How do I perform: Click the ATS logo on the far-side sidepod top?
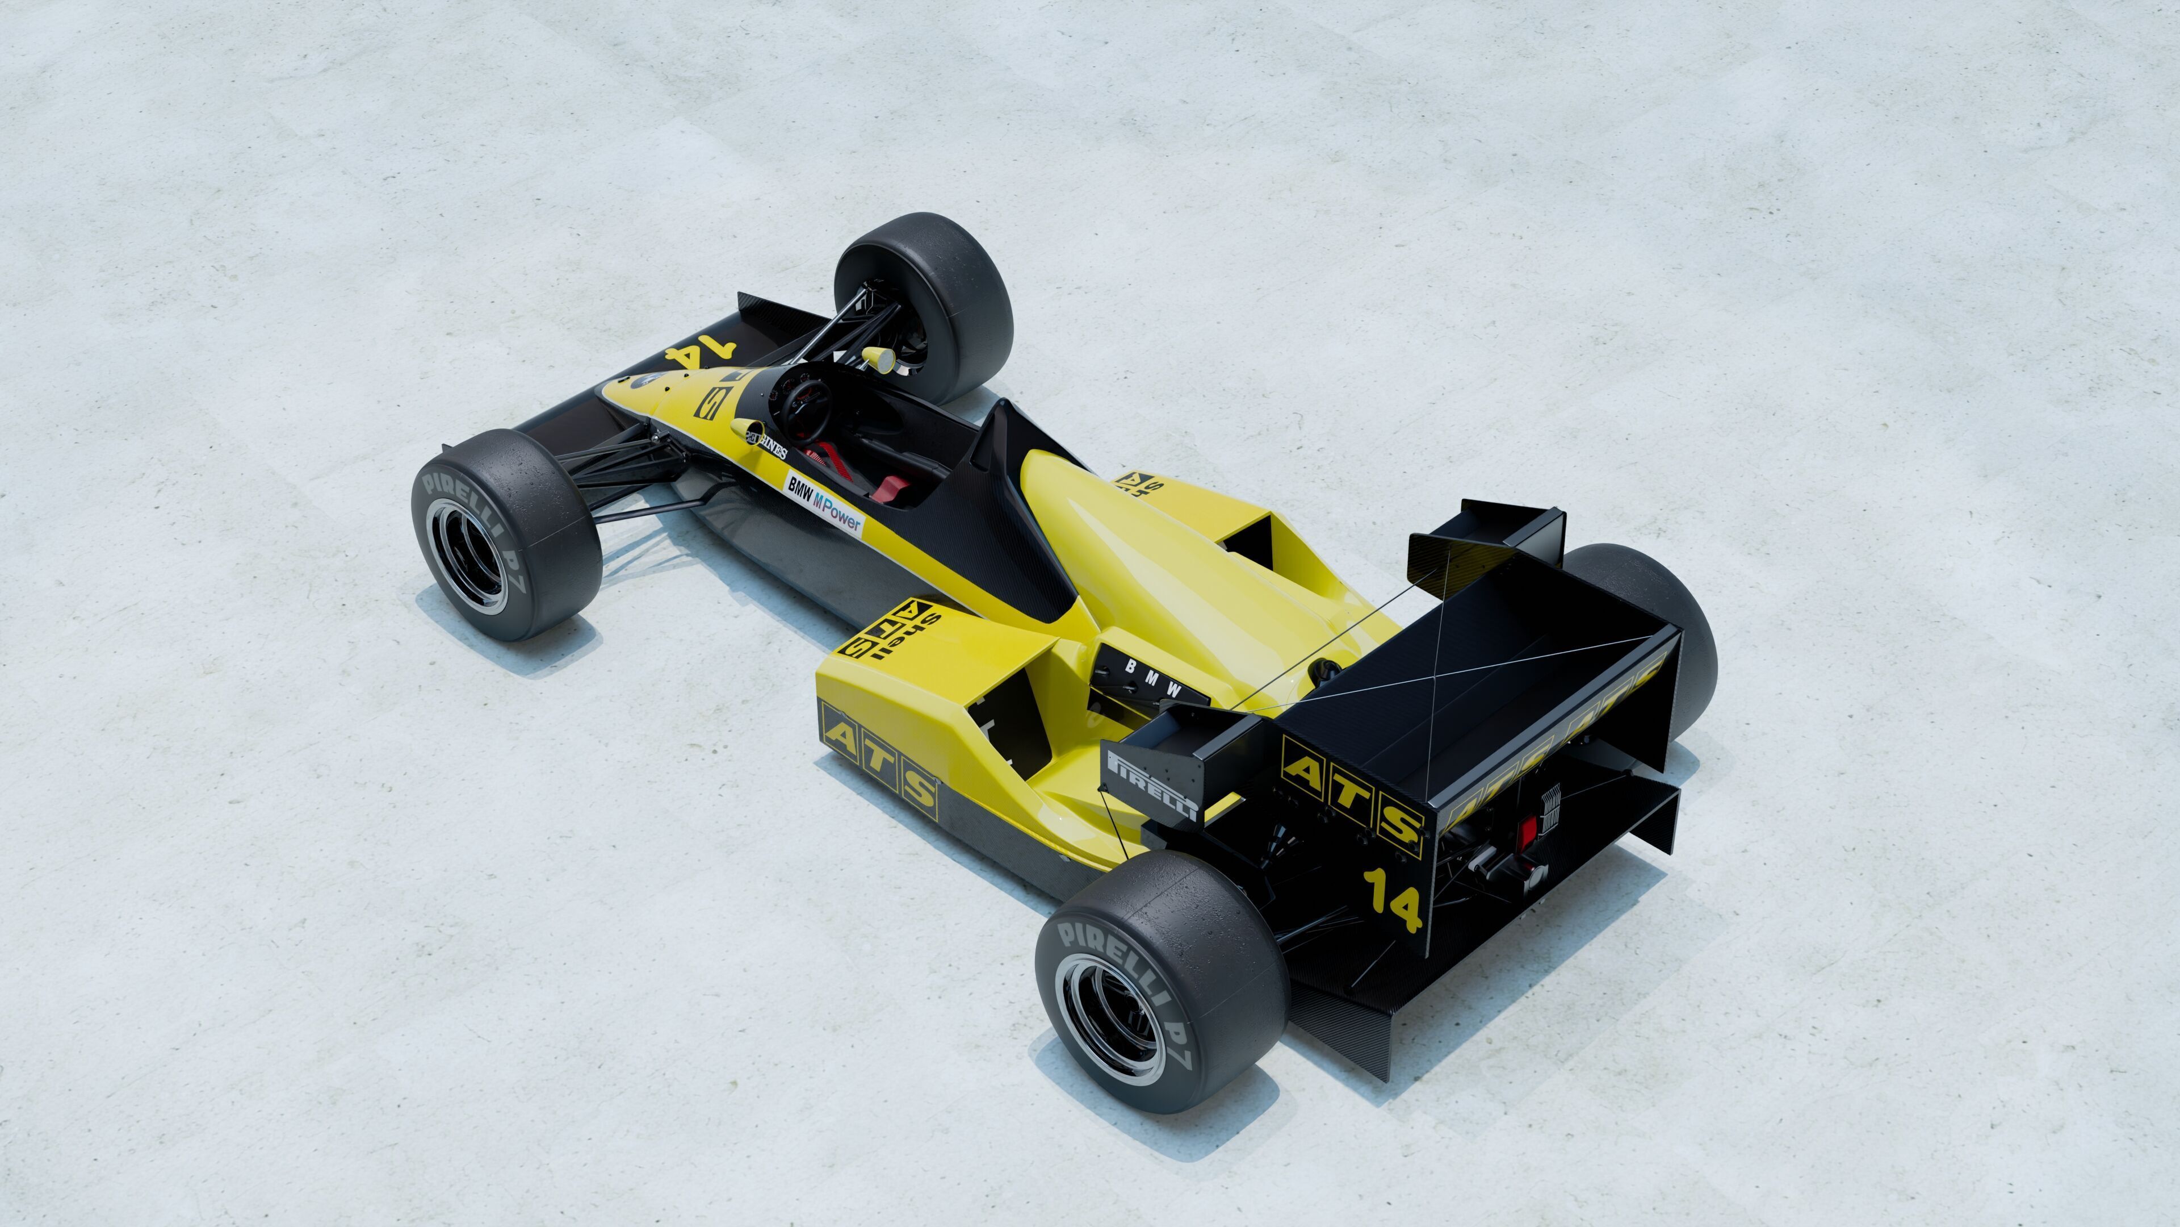click(x=1139, y=483)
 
